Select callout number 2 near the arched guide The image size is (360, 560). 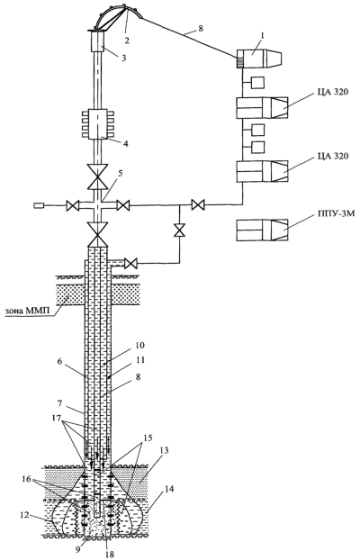pos(126,40)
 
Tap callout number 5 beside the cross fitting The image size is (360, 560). pos(121,173)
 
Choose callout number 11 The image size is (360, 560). pos(140,360)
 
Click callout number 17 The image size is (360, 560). pos(56,417)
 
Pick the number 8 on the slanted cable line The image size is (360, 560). pos(201,28)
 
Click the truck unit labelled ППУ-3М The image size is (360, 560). pos(263,230)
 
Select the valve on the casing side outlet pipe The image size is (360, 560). pos(130,264)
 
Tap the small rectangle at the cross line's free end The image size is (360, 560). pos(38,205)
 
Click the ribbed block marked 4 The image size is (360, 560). pos(97,123)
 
